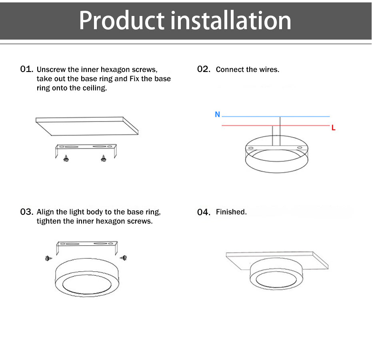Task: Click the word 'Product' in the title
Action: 122,21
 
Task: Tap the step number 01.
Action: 26,69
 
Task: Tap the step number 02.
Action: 204,69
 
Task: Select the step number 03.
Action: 26,212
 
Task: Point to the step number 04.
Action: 204,212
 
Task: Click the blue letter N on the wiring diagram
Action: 218,114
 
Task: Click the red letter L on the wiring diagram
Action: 334,128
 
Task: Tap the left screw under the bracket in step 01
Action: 66,158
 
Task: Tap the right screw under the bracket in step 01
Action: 104,158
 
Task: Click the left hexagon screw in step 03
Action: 49,258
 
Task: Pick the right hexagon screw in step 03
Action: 124,258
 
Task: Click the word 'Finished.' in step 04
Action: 231,212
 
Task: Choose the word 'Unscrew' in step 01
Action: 51,70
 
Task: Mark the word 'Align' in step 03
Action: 46,212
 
